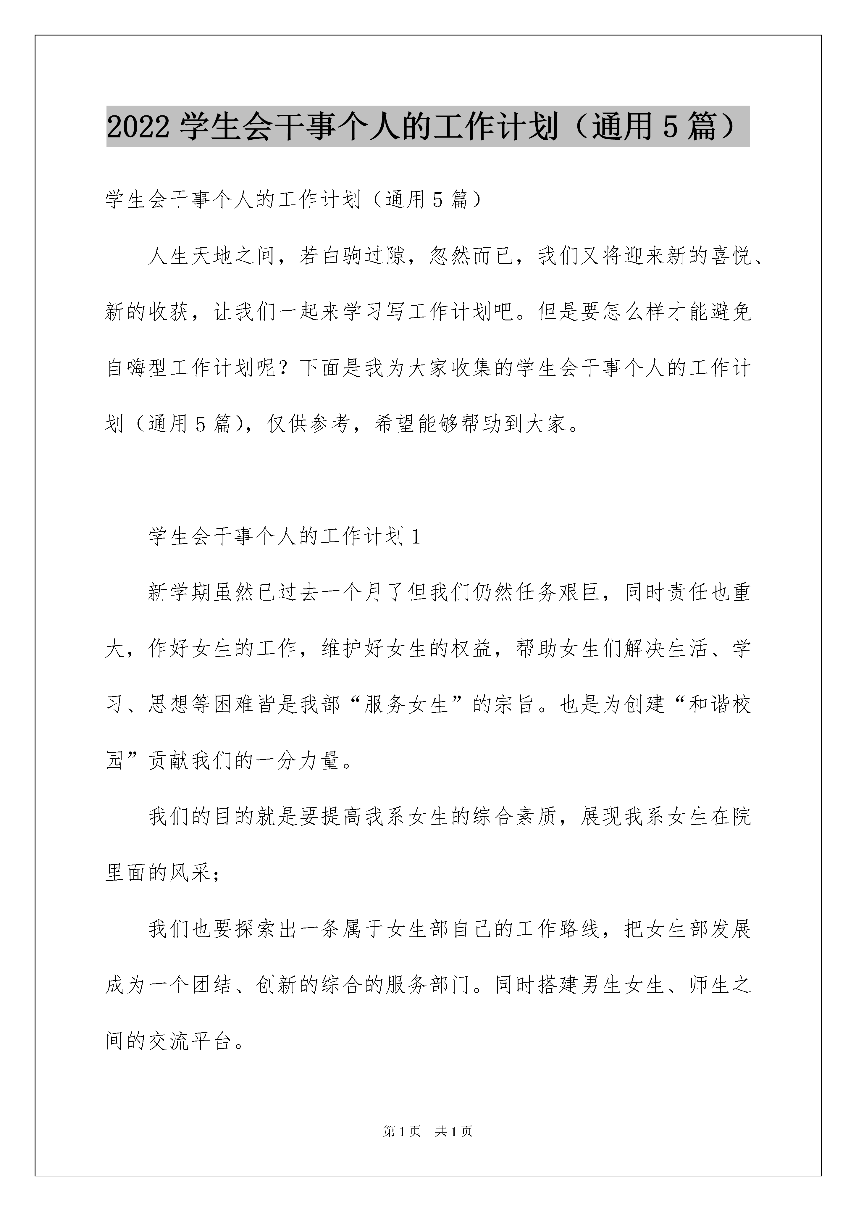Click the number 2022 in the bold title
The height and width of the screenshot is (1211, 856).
point(138,127)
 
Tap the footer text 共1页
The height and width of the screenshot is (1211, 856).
point(453,1146)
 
